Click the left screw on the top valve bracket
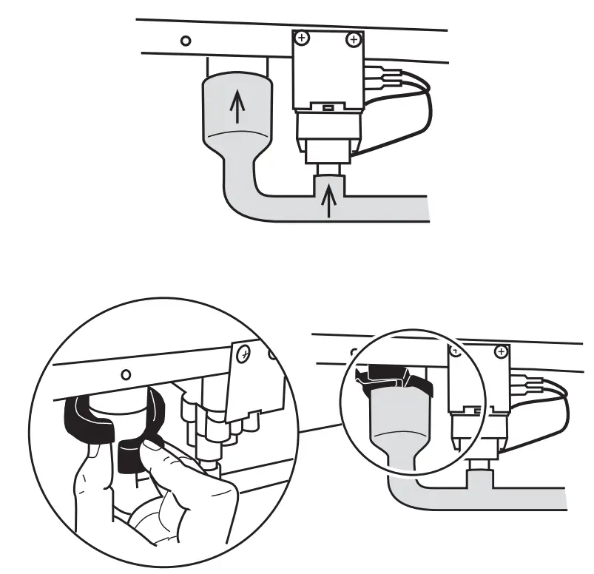pyautogui.click(x=301, y=37)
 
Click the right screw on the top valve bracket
pyautogui.click(x=354, y=38)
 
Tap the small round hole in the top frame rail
pyautogui.click(x=186, y=41)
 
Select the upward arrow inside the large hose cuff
pyautogui.click(x=236, y=108)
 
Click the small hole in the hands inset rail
pyautogui.click(x=126, y=374)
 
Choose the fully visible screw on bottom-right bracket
pyautogui.click(x=501, y=351)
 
